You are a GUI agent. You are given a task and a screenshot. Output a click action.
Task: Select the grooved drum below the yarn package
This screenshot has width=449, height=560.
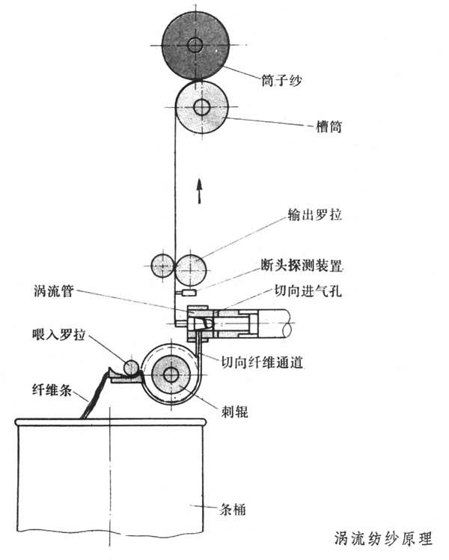point(201,107)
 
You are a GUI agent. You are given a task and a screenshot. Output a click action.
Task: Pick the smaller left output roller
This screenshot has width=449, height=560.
point(162,265)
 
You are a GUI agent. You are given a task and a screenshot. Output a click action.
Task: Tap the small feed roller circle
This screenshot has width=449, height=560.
point(132,368)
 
